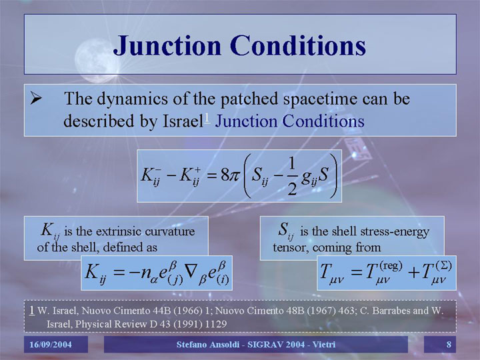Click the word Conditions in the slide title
point(298,45)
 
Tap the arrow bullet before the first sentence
point(36,98)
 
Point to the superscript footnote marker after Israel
point(207,118)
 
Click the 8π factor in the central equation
point(229,176)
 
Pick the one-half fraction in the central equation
point(292,177)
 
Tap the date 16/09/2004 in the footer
point(51,345)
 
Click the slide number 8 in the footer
point(449,345)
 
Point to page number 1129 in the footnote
point(216,324)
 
